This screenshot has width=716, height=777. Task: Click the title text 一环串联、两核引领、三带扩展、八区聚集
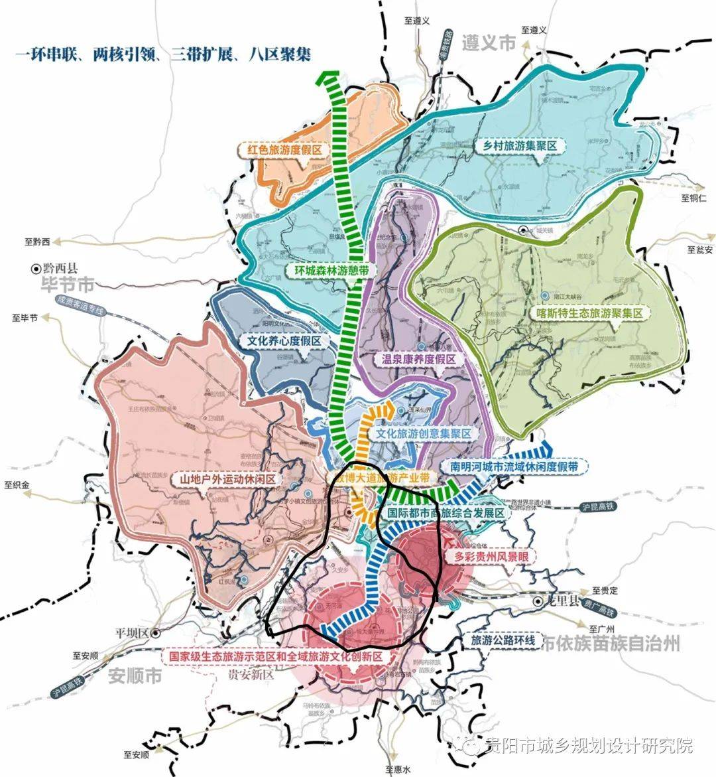[x=163, y=54]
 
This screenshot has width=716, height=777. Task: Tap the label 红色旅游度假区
[x=284, y=150]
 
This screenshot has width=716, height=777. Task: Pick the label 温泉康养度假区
[x=419, y=359]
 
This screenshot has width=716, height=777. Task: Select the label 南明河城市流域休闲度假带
[x=514, y=467]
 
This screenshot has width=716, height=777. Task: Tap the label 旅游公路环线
[x=503, y=641]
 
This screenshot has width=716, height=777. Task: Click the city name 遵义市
[x=489, y=44]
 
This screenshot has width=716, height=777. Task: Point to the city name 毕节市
[x=66, y=286]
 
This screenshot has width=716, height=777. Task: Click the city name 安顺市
[x=135, y=677]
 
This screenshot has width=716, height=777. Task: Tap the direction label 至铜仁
[x=693, y=198]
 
